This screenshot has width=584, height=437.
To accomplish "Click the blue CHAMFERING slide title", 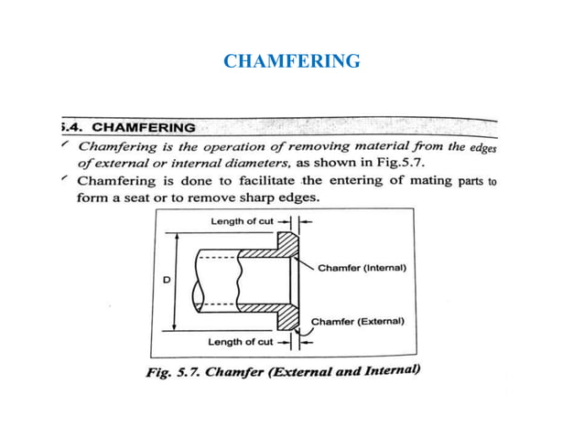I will click(292, 62).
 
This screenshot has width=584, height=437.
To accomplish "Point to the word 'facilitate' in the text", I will click(263, 180).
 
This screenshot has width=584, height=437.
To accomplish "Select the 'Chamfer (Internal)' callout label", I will click(362, 269).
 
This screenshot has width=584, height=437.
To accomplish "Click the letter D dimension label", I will click(166, 281).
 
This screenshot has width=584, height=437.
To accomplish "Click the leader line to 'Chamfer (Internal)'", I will click(305, 261).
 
